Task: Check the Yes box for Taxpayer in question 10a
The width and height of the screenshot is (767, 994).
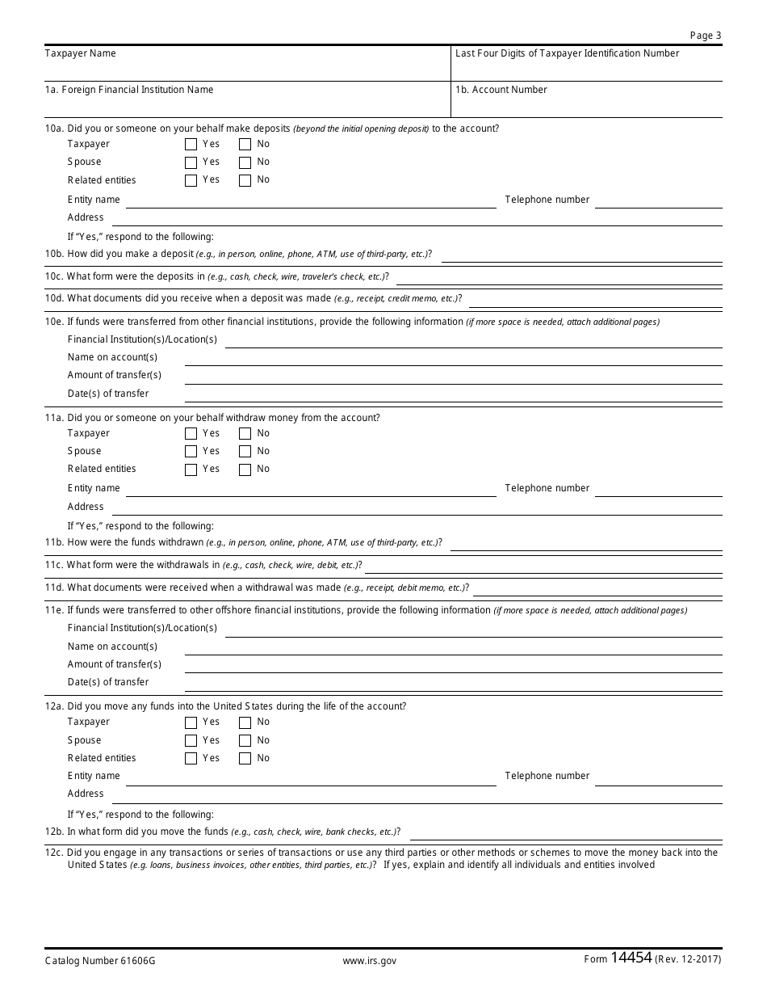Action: [x=191, y=145]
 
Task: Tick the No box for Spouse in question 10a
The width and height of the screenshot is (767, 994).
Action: [x=245, y=162]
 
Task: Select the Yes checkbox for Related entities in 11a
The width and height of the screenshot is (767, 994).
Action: [x=191, y=470]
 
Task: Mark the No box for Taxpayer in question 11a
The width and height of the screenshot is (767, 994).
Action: [x=245, y=434]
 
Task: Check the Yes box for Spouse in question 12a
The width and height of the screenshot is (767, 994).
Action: [x=191, y=740]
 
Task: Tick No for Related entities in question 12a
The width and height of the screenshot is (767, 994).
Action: [x=245, y=759]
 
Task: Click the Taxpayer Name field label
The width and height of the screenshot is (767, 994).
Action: [x=80, y=53]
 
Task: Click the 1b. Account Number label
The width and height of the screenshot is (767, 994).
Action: [x=501, y=90]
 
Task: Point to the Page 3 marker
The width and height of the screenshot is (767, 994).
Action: [x=706, y=36]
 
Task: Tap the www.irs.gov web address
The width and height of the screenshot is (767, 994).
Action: [x=369, y=961]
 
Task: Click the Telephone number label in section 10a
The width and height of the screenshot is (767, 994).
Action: [x=547, y=200]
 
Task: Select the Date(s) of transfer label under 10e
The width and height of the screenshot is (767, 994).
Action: [x=108, y=394]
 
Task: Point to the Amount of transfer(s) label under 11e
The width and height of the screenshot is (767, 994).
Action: [x=114, y=664]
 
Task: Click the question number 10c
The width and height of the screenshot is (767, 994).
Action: [x=54, y=276]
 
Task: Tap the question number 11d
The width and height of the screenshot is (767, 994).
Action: [x=54, y=588]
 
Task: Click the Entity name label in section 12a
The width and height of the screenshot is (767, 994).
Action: [x=94, y=776]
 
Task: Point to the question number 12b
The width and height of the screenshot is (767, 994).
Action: [x=54, y=832]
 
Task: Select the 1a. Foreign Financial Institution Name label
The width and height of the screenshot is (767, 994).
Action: [x=129, y=90]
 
